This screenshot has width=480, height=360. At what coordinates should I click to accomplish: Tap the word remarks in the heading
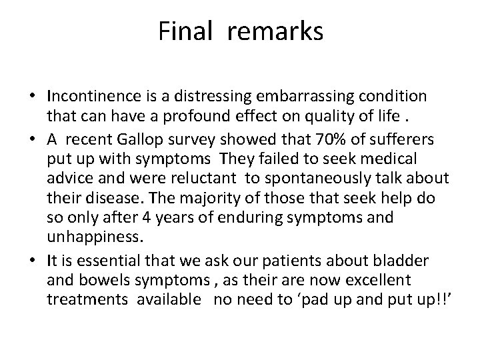pyautogui.click(x=274, y=32)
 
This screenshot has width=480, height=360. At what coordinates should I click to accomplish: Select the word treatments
pyautogui.click(x=88, y=301)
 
